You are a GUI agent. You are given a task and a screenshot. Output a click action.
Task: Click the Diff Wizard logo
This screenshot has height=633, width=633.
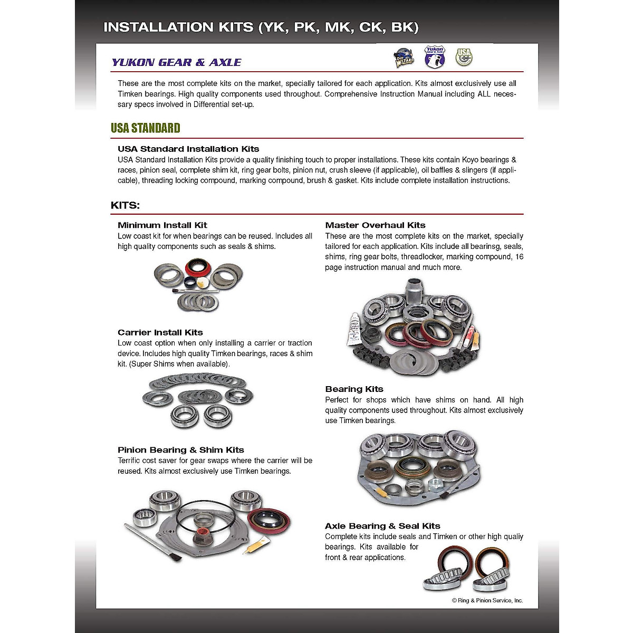(x=405, y=58)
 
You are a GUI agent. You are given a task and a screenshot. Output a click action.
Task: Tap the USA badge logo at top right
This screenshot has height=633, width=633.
(x=464, y=56)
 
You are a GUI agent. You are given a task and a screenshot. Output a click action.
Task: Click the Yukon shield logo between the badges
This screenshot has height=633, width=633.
(x=435, y=56)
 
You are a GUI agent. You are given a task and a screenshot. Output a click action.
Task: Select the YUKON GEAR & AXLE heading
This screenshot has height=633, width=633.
(x=176, y=62)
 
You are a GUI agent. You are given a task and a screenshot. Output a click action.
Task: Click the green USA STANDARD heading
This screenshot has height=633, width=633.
(x=145, y=128)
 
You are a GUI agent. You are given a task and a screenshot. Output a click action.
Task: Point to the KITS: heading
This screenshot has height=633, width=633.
(x=125, y=205)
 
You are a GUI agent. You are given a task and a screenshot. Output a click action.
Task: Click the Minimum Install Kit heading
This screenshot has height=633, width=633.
(x=162, y=225)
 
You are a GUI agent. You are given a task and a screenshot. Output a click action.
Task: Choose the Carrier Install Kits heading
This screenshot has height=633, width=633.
(x=160, y=332)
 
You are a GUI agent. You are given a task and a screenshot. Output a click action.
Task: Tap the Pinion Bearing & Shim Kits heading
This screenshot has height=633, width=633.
(x=181, y=450)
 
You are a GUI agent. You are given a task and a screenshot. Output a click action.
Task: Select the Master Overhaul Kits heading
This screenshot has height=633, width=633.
(x=375, y=225)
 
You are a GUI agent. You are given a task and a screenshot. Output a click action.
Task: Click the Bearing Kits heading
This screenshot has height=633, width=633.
(x=354, y=389)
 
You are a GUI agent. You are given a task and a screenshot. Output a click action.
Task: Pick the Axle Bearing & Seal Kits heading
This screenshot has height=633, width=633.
(x=382, y=526)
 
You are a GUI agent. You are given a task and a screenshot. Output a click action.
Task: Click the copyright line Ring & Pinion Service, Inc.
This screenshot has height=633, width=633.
(x=487, y=600)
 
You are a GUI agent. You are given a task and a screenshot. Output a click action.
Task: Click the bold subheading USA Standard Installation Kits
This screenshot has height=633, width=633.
(x=188, y=149)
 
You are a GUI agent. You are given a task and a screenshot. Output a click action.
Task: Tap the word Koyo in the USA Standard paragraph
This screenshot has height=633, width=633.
(x=470, y=160)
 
